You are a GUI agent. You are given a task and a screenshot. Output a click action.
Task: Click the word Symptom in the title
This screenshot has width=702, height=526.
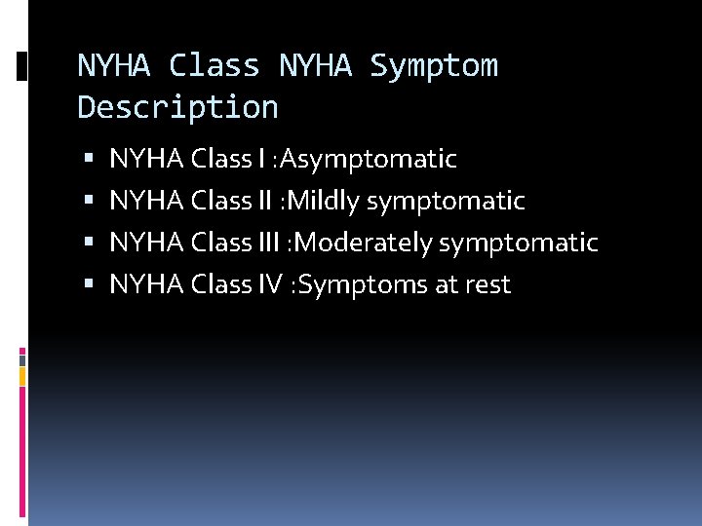point(434,66)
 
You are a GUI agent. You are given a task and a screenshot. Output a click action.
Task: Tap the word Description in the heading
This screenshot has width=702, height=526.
point(177,107)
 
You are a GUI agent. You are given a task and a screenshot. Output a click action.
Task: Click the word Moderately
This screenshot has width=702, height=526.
point(370,243)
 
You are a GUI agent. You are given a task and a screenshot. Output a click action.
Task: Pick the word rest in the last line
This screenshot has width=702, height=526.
point(487,284)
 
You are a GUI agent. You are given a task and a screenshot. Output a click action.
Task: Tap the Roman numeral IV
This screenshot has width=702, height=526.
point(271,284)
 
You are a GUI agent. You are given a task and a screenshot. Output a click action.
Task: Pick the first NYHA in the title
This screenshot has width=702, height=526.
point(113,66)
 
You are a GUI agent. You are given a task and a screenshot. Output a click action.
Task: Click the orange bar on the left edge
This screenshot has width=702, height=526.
point(22,375)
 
